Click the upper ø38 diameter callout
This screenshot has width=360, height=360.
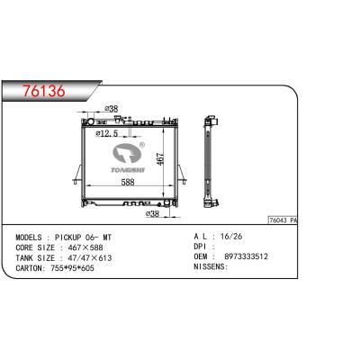click(112, 110)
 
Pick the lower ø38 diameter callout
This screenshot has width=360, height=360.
click(153, 215)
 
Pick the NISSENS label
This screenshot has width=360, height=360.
click(211, 267)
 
